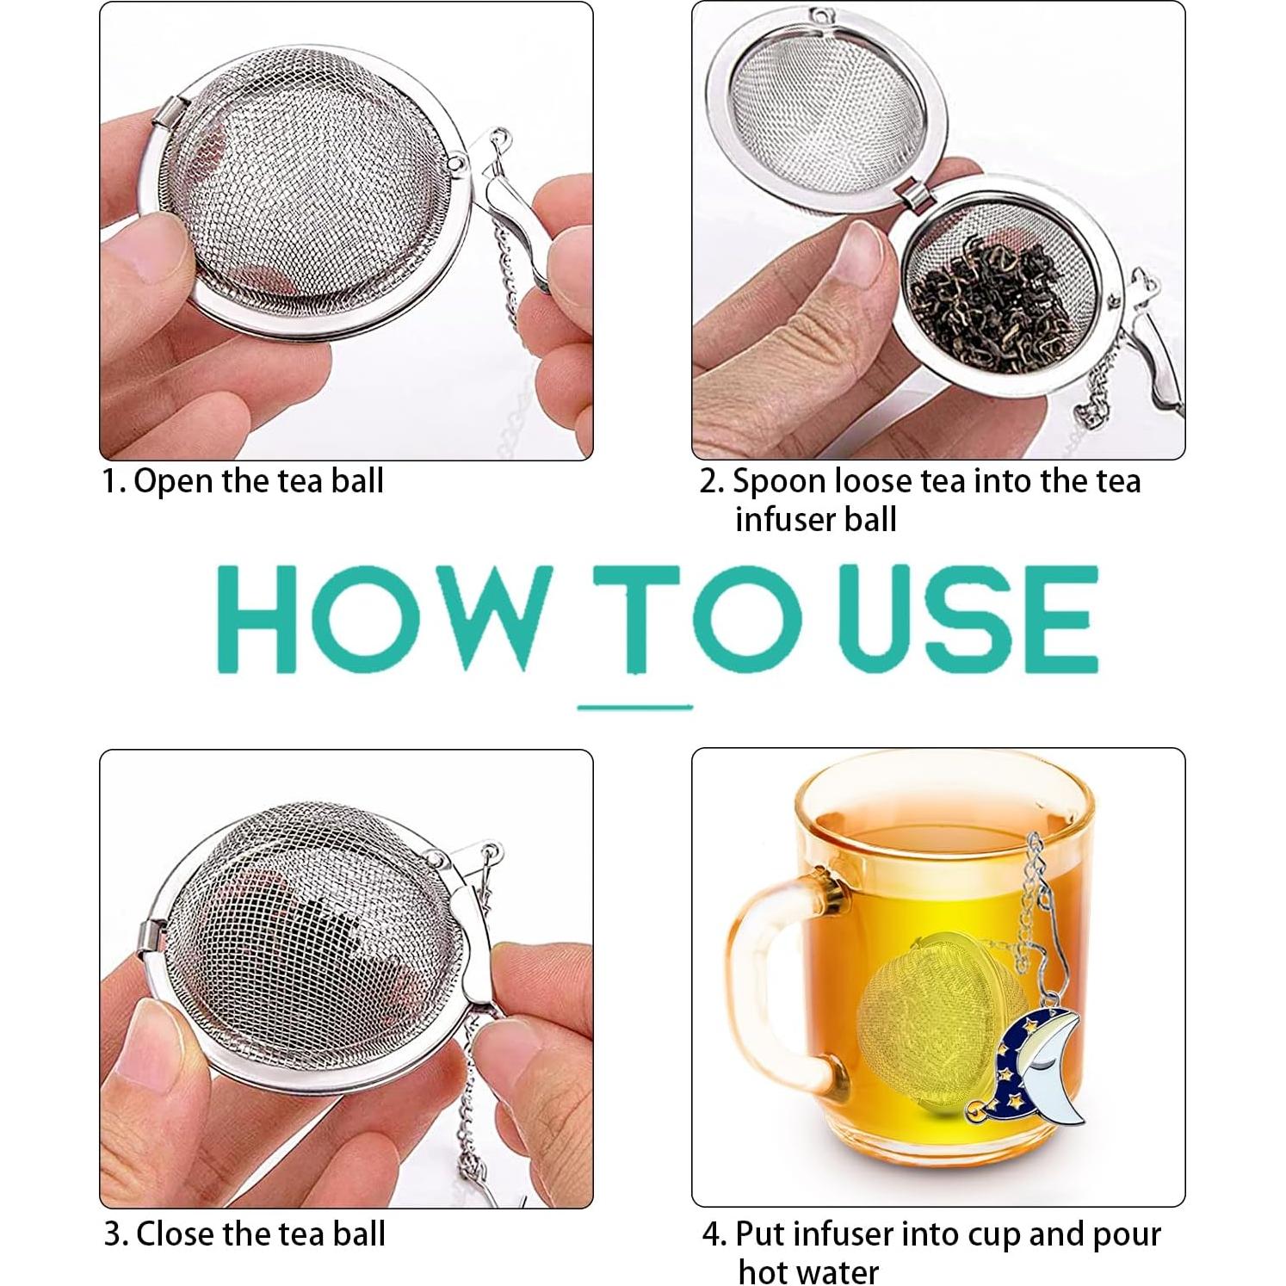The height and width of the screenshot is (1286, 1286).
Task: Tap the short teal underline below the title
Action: [x=634, y=707]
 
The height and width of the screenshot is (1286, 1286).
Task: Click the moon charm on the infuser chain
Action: [x=1037, y=1067]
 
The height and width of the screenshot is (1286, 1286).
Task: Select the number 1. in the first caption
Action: [x=114, y=481]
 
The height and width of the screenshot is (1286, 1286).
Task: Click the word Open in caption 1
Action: [x=175, y=481]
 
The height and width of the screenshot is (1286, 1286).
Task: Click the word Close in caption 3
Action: [x=176, y=1233]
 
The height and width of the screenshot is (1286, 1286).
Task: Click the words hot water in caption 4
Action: [x=808, y=1271]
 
